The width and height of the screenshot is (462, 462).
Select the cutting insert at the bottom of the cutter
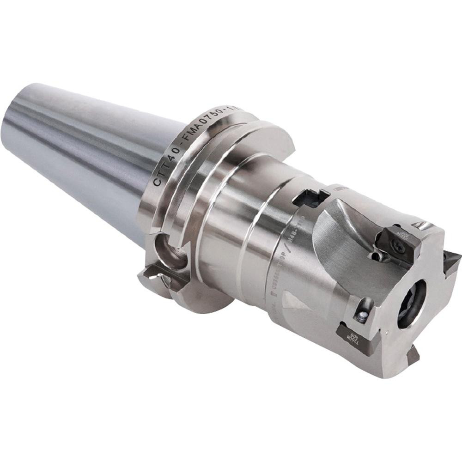pos(413,355)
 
